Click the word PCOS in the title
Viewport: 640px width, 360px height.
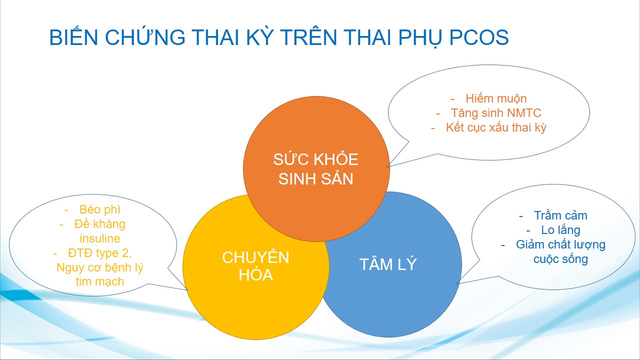(479, 37)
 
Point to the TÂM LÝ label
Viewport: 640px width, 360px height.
(388, 264)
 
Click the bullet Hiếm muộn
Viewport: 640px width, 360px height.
(496, 98)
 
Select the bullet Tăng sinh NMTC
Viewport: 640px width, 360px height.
(496, 113)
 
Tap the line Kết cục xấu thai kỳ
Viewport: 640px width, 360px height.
(496, 127)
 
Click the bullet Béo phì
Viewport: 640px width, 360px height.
(99, 209)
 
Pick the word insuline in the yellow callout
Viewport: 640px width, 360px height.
(99, 238)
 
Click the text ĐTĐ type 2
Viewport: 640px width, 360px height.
(99, 253)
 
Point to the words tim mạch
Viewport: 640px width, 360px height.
(99, 281)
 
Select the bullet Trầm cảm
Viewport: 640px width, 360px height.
(560, 215)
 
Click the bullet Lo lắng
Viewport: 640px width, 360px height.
(560, 230)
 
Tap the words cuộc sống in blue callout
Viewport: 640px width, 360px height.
(560, 259)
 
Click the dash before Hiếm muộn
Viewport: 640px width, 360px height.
(452, 99)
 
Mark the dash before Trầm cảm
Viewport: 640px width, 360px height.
(521, 216)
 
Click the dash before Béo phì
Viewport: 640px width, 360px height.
(66, 210)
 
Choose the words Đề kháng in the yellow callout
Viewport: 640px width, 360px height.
(99, 224)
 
